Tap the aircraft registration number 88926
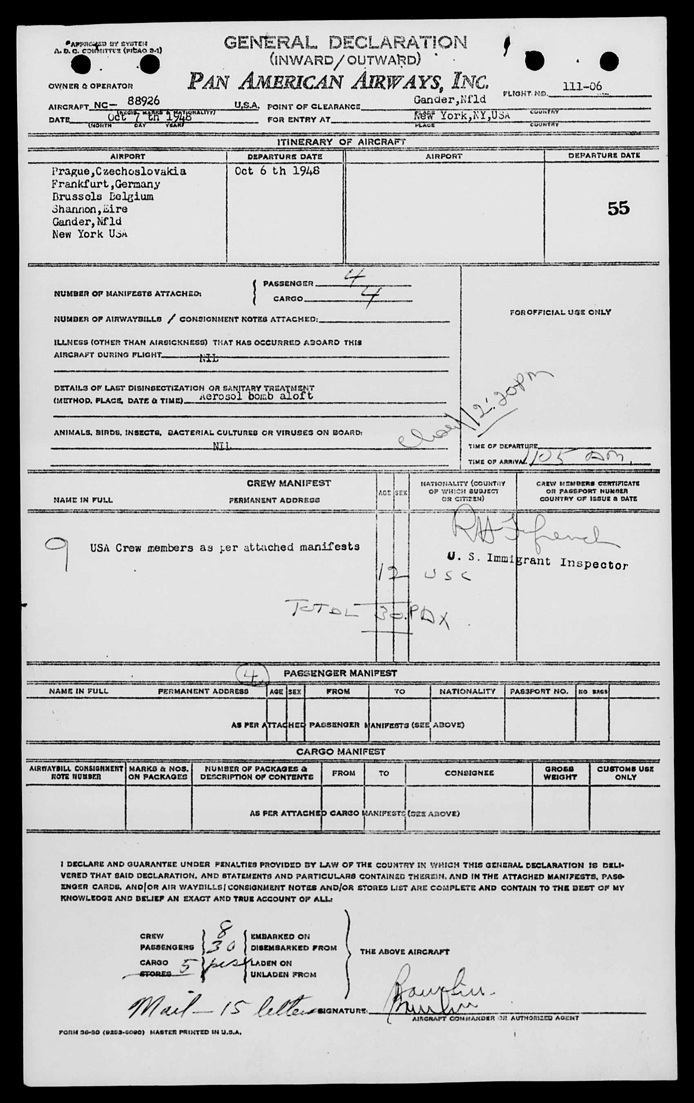tap(144, 101)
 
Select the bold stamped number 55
tap(618, 208)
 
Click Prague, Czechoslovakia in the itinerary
tap(118, 171)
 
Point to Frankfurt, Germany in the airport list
tap(106, 184)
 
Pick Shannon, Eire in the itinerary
tap(89, 209)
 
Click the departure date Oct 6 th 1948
tap(277, 171)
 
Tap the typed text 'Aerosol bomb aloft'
tap(256, 396)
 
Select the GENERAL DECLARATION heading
tap(346, 43)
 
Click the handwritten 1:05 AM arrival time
tap(580, 457)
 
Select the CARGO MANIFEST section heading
tap(340, 752)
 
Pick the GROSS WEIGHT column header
tap(560, 773)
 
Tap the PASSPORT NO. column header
tap(539, 691)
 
